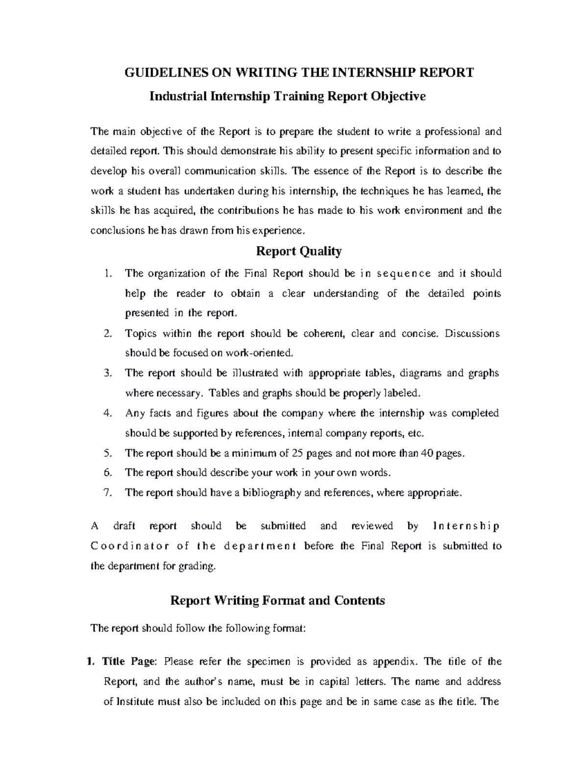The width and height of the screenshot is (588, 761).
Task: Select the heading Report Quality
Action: pos(299,251)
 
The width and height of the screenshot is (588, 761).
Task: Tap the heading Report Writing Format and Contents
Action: pos(277,600)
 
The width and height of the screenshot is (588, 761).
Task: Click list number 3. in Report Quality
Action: pos(108,373)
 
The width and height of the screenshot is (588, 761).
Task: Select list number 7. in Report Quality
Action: pos(108,493)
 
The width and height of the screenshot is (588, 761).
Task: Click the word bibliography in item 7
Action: pos(271,493)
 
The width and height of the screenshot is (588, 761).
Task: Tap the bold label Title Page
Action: pos(128,662)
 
